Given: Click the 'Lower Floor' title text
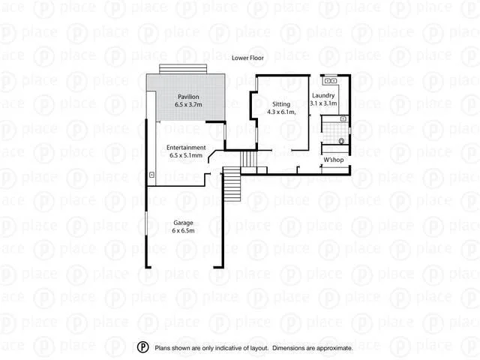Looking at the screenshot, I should coord(247,58).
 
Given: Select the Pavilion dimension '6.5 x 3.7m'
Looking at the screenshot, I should coord(188,104).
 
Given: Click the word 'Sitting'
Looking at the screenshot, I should coord(281,104).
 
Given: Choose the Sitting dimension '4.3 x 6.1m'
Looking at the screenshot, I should coord(282,112).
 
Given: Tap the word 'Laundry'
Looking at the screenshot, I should coord(324,96).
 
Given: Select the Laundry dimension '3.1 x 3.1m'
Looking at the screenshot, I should coord(324,103).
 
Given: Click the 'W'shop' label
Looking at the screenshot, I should coord(334,160).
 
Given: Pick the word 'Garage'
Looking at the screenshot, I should coord(184,223).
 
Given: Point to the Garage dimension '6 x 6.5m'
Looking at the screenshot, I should coord(184,231).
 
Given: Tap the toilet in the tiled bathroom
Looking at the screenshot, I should coord(341,141).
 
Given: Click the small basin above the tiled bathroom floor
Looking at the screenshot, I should coord(343,119).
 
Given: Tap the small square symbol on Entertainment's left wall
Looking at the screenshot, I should coord(152,175).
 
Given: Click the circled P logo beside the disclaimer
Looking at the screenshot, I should coord(142,347).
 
